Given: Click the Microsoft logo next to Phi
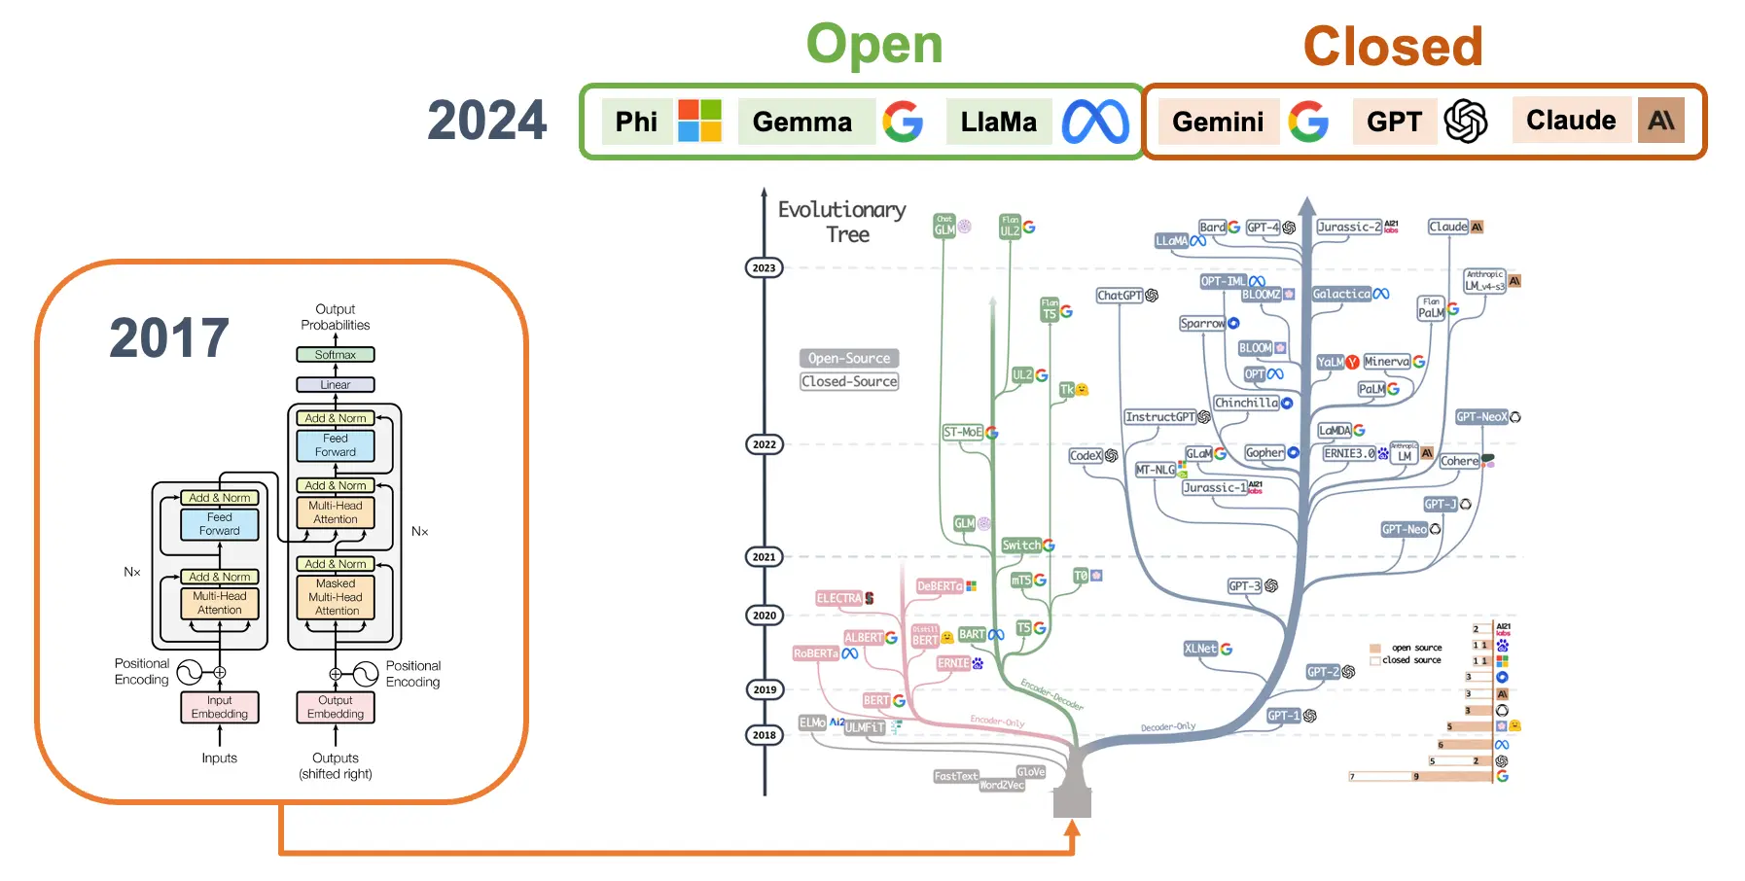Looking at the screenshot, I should click(699, 121).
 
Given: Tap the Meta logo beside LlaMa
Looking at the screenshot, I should click(1095, 122).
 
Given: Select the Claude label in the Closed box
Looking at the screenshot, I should click(1571, 121).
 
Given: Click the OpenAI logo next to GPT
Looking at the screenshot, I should click(1466, 122).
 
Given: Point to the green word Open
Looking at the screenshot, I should click(874, 45).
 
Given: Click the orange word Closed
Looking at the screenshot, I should click(1393, 47).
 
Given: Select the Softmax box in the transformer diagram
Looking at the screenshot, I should click(336, 355).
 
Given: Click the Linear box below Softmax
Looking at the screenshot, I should click(336, 385).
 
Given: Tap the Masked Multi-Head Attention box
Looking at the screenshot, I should click(336, 597).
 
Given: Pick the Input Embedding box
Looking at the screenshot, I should click(220, 707).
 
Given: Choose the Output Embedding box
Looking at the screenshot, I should click(336, 707).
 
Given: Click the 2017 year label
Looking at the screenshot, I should click(169, 338).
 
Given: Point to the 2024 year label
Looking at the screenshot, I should click(487, 121).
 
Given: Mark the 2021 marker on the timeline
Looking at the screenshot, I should click(765, 557).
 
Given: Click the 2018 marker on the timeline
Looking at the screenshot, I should click(765, 735).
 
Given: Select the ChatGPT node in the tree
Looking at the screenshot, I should click(1120, 296).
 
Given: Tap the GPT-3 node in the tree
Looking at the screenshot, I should click(1244, 586).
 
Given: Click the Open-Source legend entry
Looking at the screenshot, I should click(849, 358).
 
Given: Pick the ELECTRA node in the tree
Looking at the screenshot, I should click(839, 599).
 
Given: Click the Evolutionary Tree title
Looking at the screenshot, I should click(842, 222).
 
